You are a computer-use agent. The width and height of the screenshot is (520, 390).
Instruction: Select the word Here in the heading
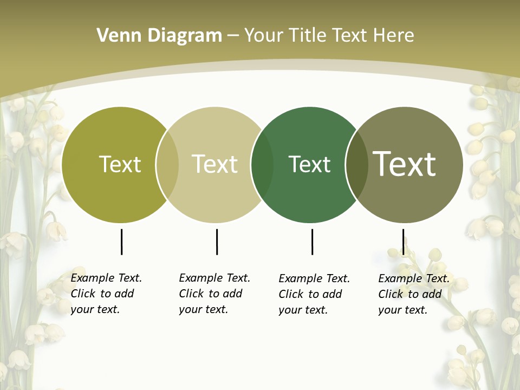click(x=393, y=36)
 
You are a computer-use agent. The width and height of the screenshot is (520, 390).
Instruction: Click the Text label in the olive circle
click(x=120, y=164)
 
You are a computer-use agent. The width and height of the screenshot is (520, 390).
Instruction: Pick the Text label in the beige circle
click(x=214, y=164)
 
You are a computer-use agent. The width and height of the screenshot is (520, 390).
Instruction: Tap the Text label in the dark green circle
click(x=309, y=164)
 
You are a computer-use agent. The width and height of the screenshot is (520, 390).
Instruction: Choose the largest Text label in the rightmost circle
click(x=405, y=164)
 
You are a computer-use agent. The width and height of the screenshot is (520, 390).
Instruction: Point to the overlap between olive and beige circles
click(x=167, y=165)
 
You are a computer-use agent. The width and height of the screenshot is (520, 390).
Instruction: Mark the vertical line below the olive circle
click(x=121, y=242)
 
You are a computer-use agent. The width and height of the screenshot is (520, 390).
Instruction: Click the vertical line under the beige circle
click(x=217, y=242)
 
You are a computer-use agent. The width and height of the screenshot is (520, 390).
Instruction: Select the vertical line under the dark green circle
click(x=312, y=242)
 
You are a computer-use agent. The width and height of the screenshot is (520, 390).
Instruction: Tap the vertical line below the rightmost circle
click(x=403, y=242)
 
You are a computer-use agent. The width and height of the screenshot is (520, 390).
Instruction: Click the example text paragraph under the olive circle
click(x=106, y=294)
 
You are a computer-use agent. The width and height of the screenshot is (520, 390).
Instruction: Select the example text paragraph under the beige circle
click(x=214, y=294)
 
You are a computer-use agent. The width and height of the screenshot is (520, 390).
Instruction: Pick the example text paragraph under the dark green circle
click(x=314, y=294)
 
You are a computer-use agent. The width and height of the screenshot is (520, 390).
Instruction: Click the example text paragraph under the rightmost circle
click(x=413, y=294)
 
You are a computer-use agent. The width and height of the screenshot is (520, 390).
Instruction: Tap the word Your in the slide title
click(x=263, y=36)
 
